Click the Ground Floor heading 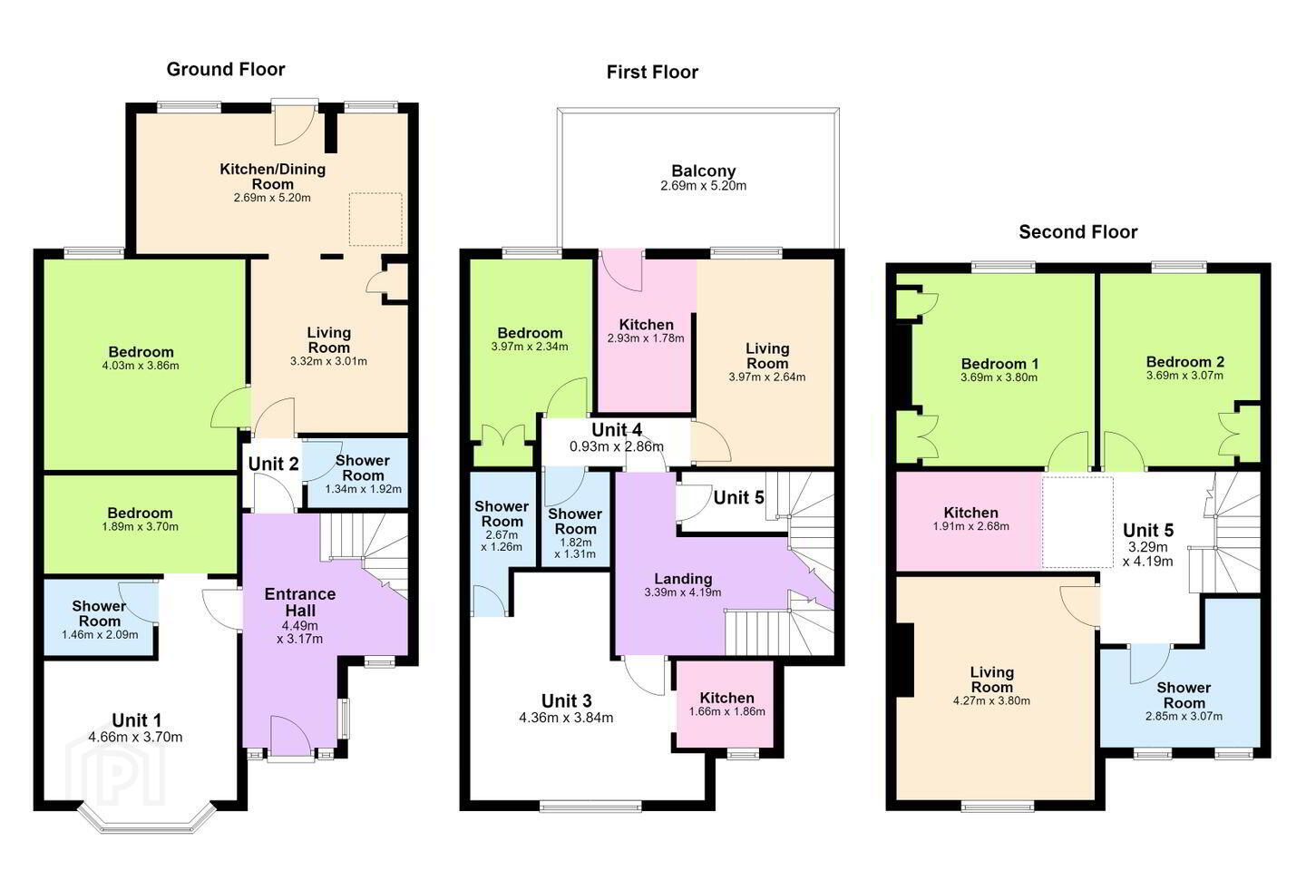point(226,70)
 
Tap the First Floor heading point(652,73)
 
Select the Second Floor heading point(1078,232)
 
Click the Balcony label point(703,171)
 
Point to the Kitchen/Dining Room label point(272,176)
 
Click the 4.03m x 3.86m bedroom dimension point(141,366)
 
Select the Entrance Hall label point(299,602)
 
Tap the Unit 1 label point(136,719)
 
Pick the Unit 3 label point(566,700)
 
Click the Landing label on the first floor point(683,579)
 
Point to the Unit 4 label point(617,430)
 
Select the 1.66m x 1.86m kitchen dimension point(727,711)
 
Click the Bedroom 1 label point(999,364)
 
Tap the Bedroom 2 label point(1184,362)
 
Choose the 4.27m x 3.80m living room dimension point(991,700)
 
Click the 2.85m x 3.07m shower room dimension point(1184,717)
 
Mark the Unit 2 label point(274,465)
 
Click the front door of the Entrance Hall point(291,738)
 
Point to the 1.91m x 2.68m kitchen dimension point(970,526)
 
